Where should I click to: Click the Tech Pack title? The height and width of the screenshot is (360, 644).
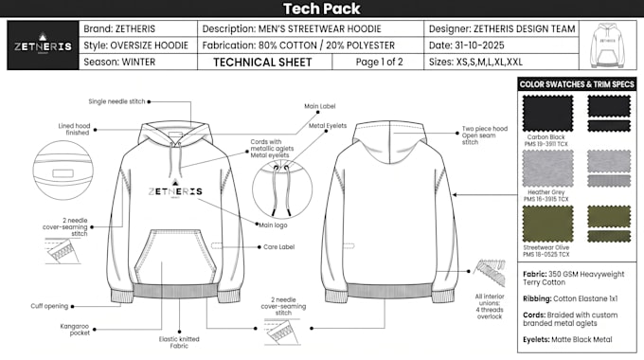click(x=322, y=9)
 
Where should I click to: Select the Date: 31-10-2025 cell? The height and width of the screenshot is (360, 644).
click(x=501, y=45)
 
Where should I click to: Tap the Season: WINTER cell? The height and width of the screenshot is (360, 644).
click(x=138, y=63)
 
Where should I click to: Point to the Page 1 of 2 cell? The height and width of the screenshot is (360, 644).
click(x=378, y=63)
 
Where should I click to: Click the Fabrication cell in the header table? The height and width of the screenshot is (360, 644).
click(x=311, y=45)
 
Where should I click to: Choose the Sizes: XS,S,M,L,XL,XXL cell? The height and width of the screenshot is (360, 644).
click(x=501, y=63)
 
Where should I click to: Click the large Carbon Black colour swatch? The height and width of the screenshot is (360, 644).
click(x=547, y=114)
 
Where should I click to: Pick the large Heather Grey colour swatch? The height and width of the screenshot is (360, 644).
click(x=547, y=168)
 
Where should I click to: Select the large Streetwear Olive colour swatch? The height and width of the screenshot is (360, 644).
click(x=547, y=224)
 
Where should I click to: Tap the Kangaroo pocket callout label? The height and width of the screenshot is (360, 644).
click(x=75, y=330)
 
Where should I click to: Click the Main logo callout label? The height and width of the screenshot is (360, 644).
click(x=273, y=225)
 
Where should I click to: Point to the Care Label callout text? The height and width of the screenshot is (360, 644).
click(x=278, y=247)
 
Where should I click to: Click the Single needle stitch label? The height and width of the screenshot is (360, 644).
click(x=117, y=101)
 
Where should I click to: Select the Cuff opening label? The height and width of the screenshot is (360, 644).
click(x=49, y=306)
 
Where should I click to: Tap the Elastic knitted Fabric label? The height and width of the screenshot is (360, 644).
click(x=179, y=342)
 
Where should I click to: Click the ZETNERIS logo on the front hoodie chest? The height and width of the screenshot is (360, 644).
click(x=175, y=189)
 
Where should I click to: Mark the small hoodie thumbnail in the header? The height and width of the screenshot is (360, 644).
click(x=607, y=45)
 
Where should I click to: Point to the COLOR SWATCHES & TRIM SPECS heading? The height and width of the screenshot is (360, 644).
click(x=577, y=84)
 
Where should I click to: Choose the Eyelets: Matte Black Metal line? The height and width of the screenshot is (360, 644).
click(x=567, y=340)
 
